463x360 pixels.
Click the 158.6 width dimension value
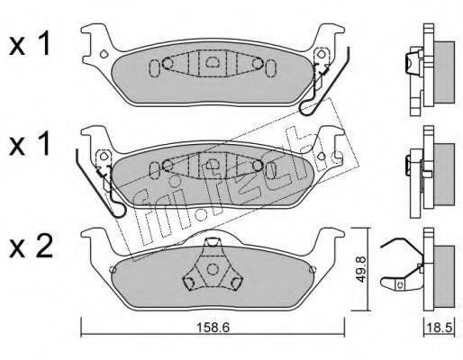click(213, 328)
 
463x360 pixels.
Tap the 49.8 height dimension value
click(361, 269)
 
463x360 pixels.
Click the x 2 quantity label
click(31, 250)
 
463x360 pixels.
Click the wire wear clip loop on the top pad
click(307, 109)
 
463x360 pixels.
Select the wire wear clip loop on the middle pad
click(119, 210)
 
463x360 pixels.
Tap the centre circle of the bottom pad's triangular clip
click(213, 269)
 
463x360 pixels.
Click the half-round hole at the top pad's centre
click(213, 61)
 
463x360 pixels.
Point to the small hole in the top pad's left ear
click(104, 54)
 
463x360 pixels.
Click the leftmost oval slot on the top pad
click(154, 68)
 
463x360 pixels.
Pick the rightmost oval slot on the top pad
click(270, 68)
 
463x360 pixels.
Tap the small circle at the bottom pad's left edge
click(113, 269)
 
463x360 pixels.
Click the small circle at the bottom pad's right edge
click(313, 269)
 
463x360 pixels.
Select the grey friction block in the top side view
click(444, 73)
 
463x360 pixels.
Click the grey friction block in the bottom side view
click(444, 276)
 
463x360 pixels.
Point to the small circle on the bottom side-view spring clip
click(400, 284)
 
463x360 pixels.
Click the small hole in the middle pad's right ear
click(322, 156)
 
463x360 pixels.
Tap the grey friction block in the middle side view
click(444, 175)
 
